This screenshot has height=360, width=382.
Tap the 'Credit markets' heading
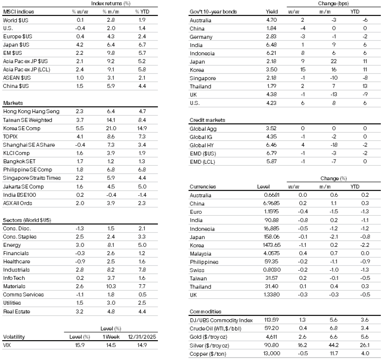tap(207, 120)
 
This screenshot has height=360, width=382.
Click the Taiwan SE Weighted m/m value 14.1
tap(110, 120)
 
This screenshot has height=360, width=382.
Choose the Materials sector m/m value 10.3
tap(110, 286)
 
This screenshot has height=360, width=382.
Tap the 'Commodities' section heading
tap(205, 311)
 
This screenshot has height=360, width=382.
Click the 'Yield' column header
tap(269, 12)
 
